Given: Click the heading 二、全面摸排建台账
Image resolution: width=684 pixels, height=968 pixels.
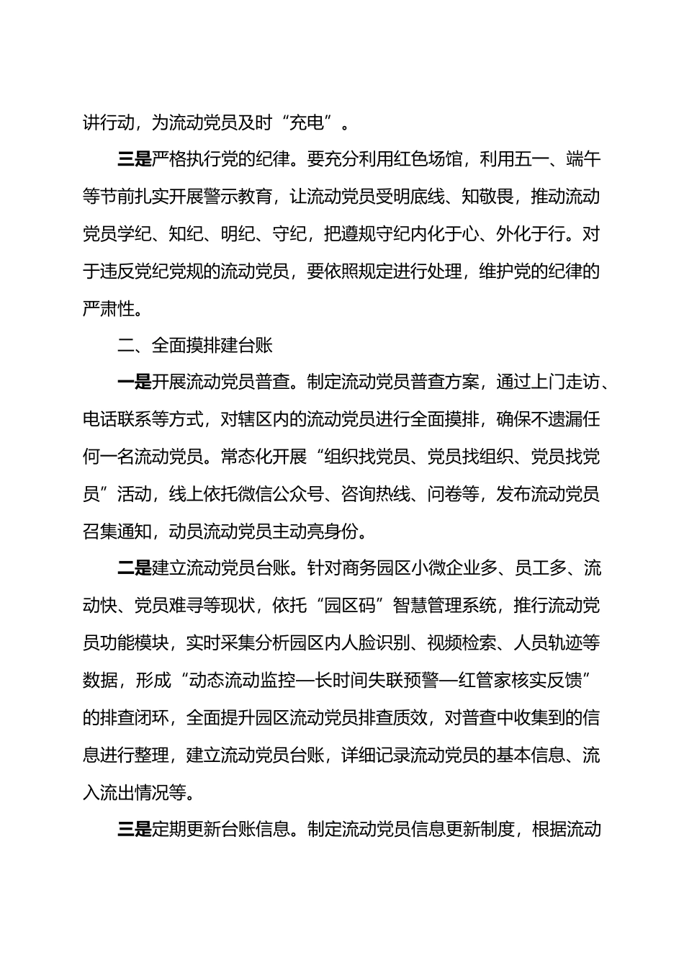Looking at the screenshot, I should (195, 346).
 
